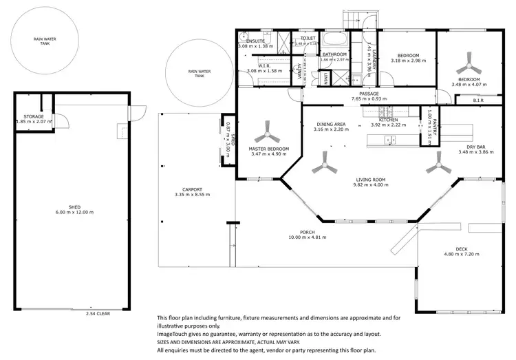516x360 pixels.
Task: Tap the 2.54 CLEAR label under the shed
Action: coord(98,313)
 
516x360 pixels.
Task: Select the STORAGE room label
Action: coord(34,117)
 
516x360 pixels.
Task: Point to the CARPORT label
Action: coord(191,191)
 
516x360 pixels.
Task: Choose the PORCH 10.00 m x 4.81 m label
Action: coord(302,235)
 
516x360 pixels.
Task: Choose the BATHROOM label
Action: coord(334,54)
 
